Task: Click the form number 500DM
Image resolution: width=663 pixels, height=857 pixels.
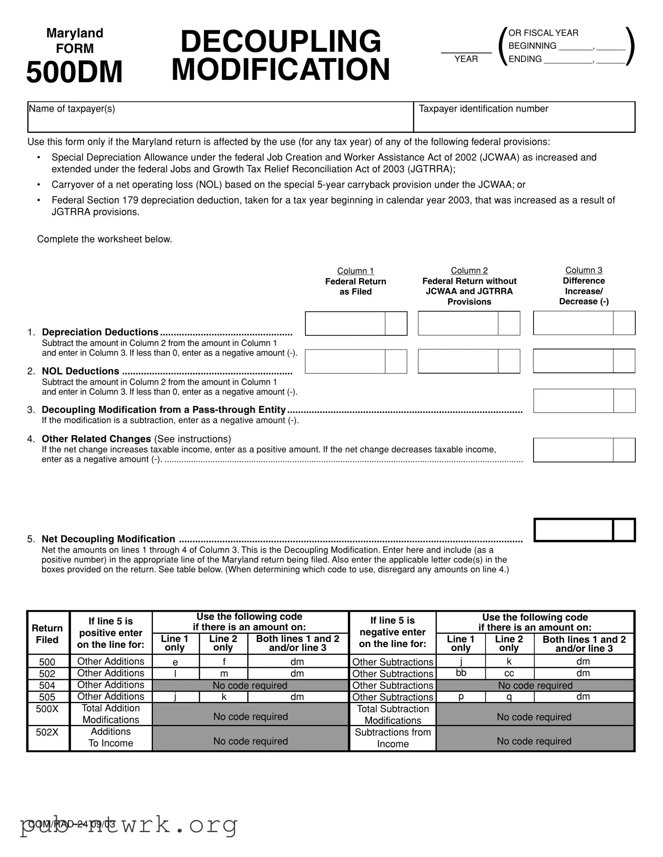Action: click(74, 72)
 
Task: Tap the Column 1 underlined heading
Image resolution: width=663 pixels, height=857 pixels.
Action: click(356, 271)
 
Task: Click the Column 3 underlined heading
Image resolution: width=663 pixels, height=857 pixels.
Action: click(584, 270)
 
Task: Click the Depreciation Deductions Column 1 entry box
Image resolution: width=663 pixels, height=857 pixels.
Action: click(345, 324)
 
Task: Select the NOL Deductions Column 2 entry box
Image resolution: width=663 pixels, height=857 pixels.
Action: click(458, 361)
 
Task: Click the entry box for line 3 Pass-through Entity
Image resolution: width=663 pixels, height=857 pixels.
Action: click(573, 401)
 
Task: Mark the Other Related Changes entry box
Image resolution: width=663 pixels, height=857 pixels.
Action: click(573, 450)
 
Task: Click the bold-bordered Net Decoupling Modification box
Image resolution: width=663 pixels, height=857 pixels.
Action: click(574, 530)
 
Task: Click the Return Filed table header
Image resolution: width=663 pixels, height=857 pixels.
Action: click(47, 634)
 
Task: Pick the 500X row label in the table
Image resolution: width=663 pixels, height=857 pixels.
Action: click(47, 709)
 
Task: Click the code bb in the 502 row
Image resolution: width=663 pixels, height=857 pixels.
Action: click(461, 673)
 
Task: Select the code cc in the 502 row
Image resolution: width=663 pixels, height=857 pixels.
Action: click(509, 673)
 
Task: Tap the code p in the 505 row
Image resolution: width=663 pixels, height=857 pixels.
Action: click(461, 696)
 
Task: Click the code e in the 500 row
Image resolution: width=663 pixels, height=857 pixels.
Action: click(175, 662)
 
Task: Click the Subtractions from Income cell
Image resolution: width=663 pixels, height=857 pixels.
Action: click(393, 738)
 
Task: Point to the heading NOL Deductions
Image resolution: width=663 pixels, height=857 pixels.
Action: click(80, 371)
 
